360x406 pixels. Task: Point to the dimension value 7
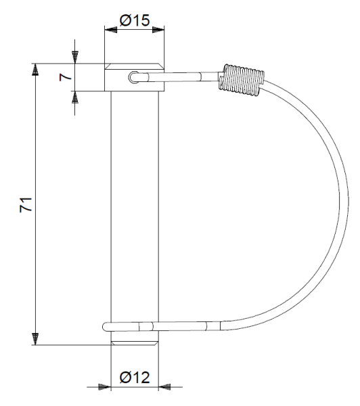click(x=64, y=76)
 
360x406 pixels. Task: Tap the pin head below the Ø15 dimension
click(x=134, y=77)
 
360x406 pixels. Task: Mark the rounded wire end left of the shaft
click(x=106, y=327)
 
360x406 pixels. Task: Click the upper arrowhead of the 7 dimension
click(x=74, y=55)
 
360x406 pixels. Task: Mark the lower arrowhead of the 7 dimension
click(x=74, y=98)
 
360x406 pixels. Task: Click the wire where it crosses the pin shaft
click(x=135, y=327)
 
